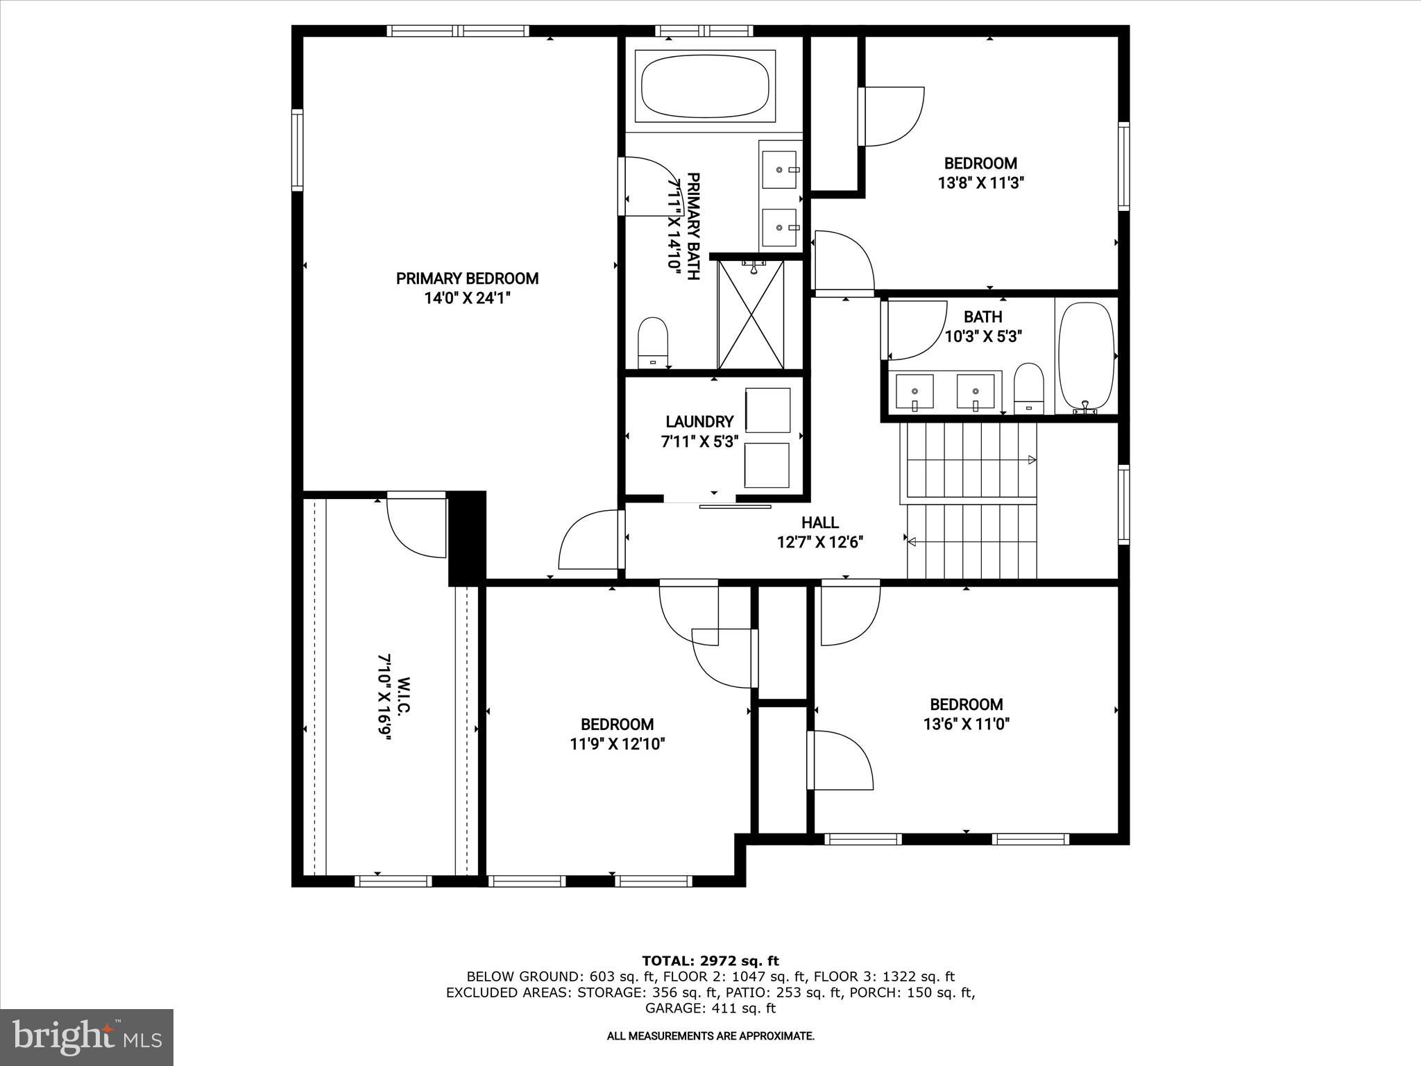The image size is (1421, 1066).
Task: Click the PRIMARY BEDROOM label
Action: coord(467,279)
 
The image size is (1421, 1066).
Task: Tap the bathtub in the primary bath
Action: coord(705,87)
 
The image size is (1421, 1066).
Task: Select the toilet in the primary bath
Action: coord(652,341)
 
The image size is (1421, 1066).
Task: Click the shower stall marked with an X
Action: coord(751,314)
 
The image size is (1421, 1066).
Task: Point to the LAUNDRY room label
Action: coord(699,422)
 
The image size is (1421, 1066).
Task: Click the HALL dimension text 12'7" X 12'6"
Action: coord(820,543)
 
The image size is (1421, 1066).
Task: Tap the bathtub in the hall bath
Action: coord(1086,357)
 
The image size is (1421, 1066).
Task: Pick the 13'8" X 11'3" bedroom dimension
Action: coord(980,183)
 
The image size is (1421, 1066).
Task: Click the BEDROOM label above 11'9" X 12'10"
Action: coord(617,725)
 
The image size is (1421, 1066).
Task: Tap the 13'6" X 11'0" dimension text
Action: coord(966,725)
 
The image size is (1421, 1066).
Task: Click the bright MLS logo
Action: coord(87,1037)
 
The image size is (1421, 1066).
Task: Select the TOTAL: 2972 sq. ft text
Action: coord(710,961)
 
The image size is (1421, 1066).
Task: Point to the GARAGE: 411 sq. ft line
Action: coord(710,1008)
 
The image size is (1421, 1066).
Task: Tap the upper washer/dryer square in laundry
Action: coord(767,411)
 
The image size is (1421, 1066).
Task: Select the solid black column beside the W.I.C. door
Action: coord(467,538)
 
